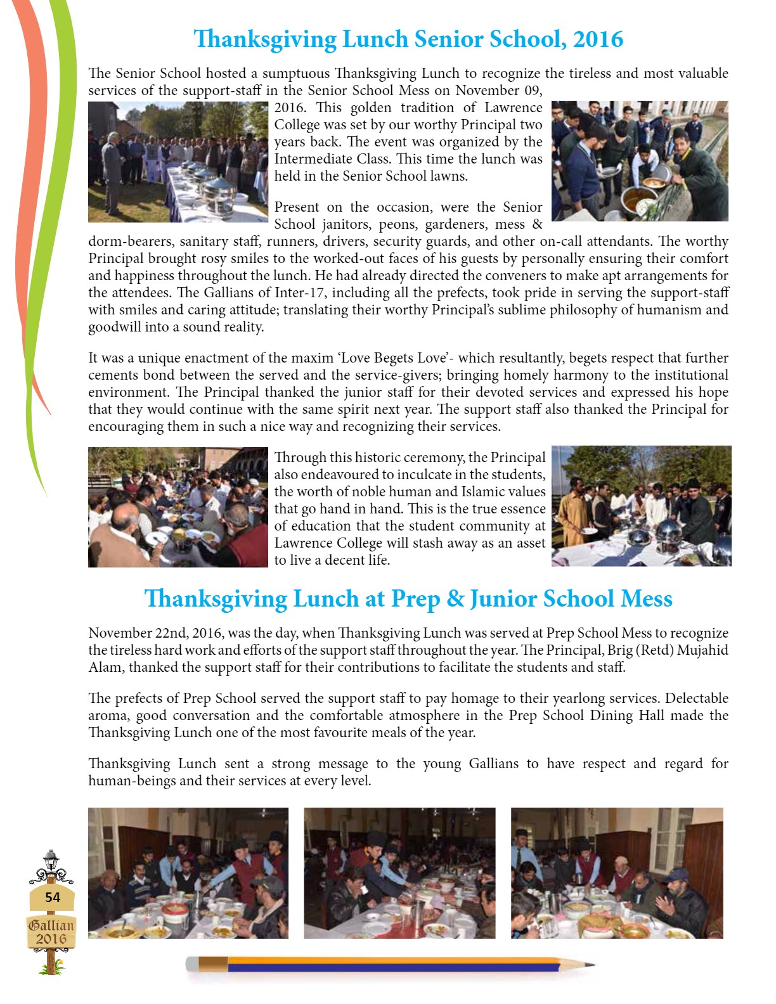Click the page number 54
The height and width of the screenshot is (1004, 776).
click(x=53, y=897)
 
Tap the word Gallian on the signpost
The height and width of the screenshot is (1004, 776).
click(x=51, y=925)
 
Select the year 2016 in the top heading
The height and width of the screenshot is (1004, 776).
click(x=598, y=39)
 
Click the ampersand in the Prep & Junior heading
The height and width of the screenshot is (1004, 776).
click(x=455, y=599)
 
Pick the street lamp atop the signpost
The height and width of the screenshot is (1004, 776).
click(x=51, y=861)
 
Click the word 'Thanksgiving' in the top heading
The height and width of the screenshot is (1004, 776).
click(x=265, y=39)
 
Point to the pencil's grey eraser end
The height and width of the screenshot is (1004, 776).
click(x=192, y=965)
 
